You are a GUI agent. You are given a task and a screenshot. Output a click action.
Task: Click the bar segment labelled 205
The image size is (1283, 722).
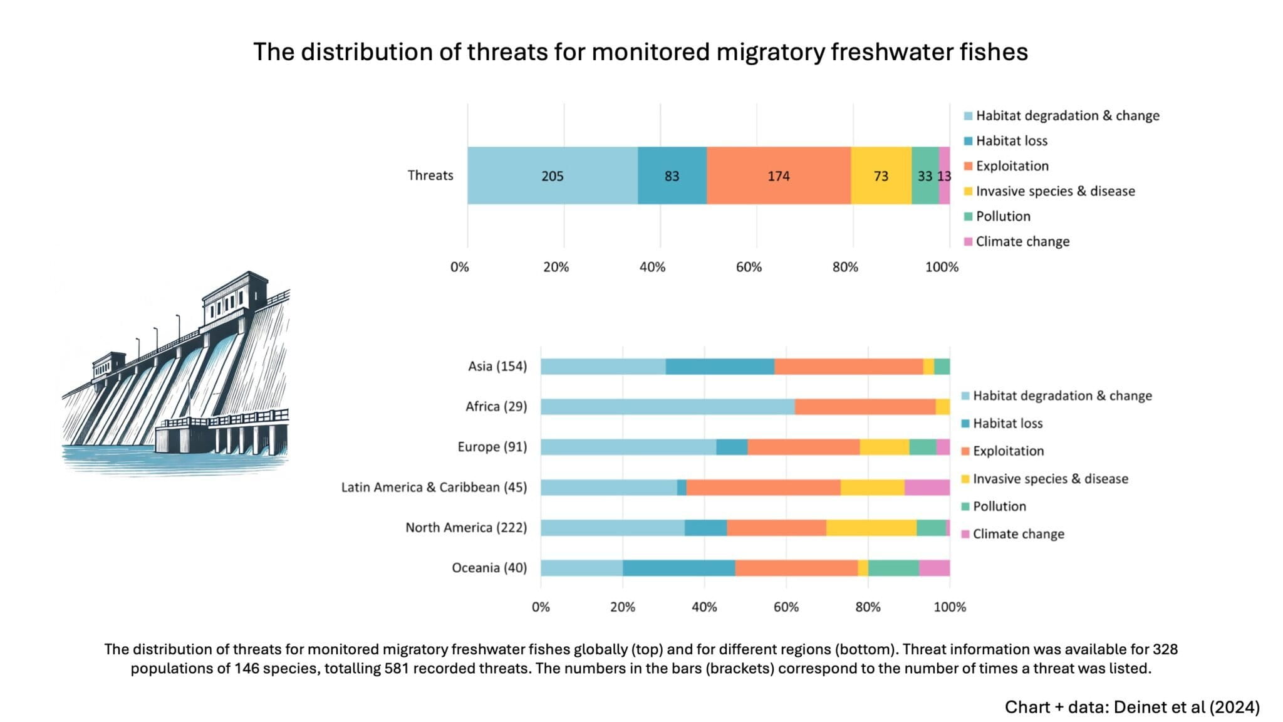click(x=552, y=175)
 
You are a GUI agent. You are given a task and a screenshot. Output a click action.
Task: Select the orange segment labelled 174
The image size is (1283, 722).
click(x=778, y=175)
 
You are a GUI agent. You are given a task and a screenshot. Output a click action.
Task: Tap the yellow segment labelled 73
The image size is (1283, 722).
click(x=880, y=175)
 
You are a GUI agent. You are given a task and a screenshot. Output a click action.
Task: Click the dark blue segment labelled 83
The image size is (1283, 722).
click(x=672, y=175)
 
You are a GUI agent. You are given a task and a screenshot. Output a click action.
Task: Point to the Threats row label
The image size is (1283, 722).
click(x=430, y=175)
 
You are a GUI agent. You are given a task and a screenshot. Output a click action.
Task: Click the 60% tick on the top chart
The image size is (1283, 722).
click(x=749, y=267)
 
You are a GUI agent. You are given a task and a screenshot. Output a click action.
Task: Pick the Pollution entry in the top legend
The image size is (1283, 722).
click(x=1002, y=216)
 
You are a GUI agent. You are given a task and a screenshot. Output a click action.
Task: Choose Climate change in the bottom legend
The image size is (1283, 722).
click(x=1017, y=534)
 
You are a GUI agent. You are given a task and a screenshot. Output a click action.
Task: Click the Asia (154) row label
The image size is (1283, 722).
click(x=497, y=366)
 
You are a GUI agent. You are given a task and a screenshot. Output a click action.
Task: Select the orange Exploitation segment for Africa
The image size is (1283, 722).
click(x=865, y=407)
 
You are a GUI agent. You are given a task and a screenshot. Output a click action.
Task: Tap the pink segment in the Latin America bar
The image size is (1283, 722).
click(x=927, y=487)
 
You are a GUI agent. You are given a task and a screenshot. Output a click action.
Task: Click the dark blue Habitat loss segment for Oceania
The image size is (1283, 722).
click(x=678, y=568)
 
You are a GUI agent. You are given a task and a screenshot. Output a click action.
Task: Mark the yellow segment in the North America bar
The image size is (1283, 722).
click(x=871, y=528)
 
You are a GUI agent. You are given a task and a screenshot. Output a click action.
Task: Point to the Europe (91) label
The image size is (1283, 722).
click(x=492, y=447)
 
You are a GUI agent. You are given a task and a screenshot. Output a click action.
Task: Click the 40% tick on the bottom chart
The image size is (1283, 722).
click(x=704, y=607)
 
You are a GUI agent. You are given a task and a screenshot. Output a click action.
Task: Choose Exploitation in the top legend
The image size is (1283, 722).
click(x=1011, y=166)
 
